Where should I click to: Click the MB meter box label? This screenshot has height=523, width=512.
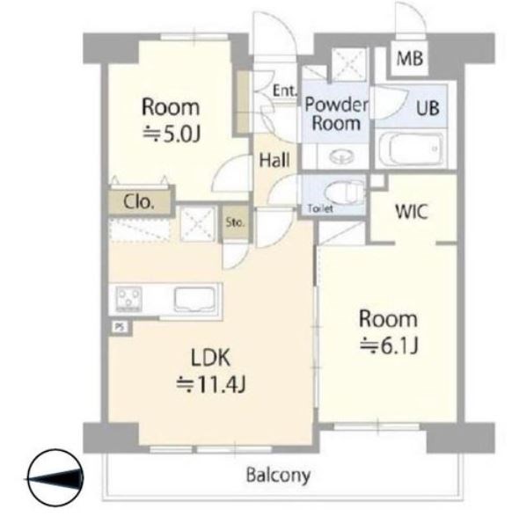pos(410,58)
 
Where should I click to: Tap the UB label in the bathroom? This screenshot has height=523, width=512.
pos(428,108)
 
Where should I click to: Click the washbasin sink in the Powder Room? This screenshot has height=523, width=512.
pos(342,156)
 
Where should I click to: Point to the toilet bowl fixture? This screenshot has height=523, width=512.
pos(347,192)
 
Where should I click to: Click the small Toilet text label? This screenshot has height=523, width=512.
pos(320,208)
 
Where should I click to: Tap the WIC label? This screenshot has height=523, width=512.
pos(411,211)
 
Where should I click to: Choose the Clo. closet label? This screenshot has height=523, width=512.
pos(139,202)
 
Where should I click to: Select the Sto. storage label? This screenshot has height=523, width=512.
pos(235,222)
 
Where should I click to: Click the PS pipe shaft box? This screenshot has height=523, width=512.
pos(120,326)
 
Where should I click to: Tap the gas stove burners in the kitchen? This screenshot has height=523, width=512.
pos(128,299)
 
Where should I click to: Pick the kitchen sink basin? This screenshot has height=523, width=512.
pos(194,299)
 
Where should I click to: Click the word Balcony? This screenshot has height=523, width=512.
pos(278,475)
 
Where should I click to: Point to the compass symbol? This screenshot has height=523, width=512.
pos(55,477)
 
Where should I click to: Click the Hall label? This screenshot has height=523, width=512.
pos(274,160)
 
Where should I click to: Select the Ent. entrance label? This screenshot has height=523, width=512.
pos(285,90)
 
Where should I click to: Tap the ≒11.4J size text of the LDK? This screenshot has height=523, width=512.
pos(211,385)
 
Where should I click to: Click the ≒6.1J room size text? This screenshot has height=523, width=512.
pos(389,345)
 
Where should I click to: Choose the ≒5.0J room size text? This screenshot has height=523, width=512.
pos(172,134)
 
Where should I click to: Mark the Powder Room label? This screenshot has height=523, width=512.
pos(336,113)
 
